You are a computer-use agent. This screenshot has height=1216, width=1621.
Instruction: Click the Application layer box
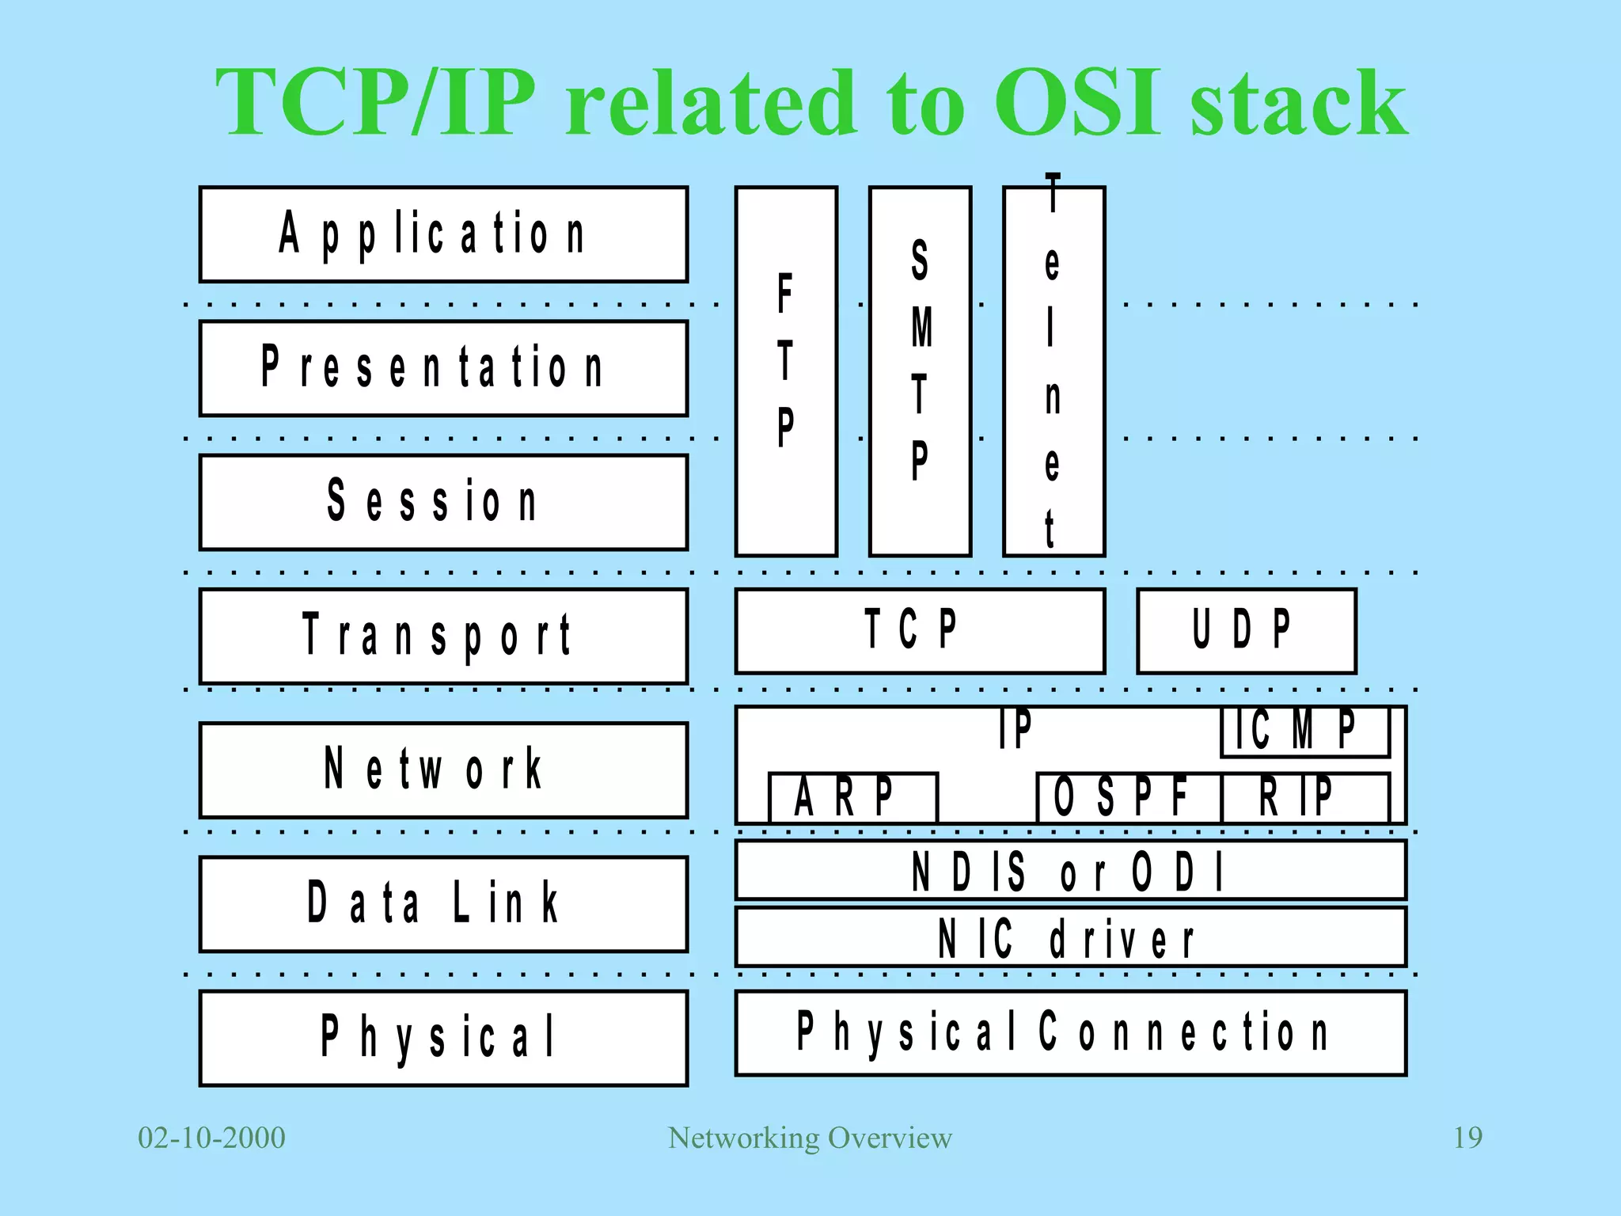(x=443, y=234)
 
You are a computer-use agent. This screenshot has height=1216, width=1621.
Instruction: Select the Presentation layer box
(x=443, y=368)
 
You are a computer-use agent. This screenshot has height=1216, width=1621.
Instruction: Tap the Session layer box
(x=443, y=502)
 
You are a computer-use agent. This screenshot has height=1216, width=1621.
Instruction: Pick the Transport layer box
(x=443, y=636)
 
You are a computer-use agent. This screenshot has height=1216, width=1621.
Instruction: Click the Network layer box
(x=443, y=769)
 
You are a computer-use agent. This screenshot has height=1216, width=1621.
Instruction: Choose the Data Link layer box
(x=443, y=903)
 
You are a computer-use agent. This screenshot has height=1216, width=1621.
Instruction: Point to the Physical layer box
(x=443, y=1037)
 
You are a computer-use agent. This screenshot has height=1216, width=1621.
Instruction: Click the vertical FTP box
(x=786, y=371)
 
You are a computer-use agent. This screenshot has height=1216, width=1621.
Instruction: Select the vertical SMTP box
(x=920, y=371)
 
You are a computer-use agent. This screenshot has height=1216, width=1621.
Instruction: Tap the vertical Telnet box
(x=1053, y=371)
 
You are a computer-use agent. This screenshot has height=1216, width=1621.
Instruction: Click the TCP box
(x=920, y=631)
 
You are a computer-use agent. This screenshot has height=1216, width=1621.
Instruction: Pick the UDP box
(x=1246, y=631)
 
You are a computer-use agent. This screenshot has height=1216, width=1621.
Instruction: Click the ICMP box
(x=1305, y=731)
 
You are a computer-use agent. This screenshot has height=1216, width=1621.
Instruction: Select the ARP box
(x=852, y=797)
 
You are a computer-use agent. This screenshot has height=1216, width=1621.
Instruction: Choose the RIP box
(x=1305, y=797)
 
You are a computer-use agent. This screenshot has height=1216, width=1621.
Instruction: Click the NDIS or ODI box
(x=1070, y=870)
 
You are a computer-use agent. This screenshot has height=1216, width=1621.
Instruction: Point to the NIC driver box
(x=1070, y=937)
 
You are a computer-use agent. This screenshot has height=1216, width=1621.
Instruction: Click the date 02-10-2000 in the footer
(x=211, y=1138)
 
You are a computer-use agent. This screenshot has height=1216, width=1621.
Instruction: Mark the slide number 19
(x=1467, y=1138)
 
